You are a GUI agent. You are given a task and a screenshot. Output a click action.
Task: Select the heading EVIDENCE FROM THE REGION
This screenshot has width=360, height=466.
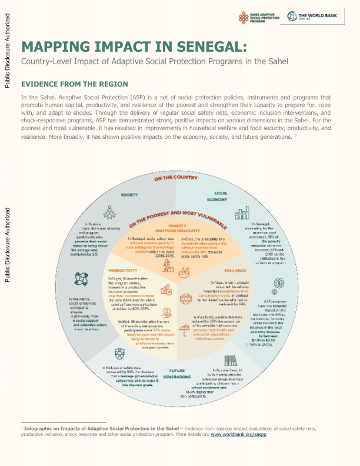tap(74, 84)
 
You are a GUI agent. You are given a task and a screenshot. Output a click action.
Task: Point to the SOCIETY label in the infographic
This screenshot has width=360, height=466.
tap(130, 194)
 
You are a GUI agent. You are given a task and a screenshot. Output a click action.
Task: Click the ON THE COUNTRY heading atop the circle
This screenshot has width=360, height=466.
tap(179, 177)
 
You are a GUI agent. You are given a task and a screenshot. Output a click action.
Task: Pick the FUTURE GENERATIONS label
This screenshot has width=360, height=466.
tap(178, 373)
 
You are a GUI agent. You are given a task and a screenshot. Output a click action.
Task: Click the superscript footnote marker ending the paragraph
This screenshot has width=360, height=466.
tap(281, 136)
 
